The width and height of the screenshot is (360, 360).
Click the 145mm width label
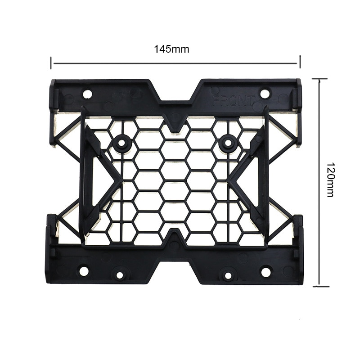[171, 49]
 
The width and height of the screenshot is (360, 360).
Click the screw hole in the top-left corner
[87, 94]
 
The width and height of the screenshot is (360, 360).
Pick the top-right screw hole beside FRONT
[265, 94]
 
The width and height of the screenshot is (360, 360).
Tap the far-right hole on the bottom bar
[266, 272]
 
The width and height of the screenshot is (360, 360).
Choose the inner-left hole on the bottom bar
[120, 274]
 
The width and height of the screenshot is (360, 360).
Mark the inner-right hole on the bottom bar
[228, 274]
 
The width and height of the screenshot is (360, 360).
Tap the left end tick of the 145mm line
[51, 63]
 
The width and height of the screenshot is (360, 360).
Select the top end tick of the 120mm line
[319, 79]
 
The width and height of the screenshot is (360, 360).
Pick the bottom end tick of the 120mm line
[319, 285]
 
